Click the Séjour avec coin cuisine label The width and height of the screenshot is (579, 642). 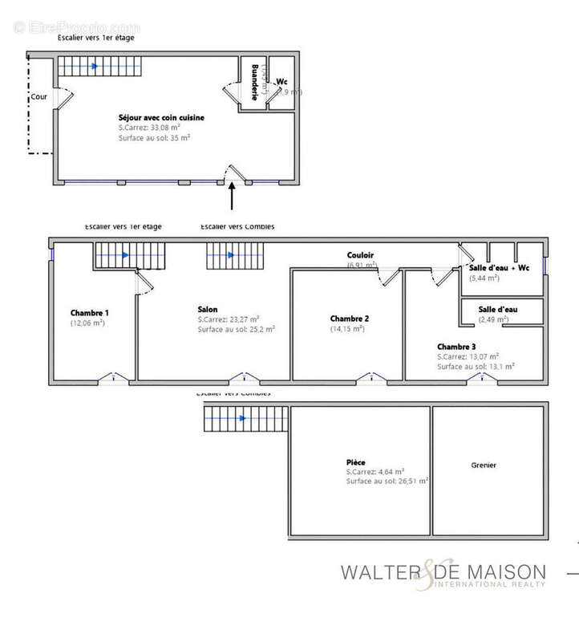[x=160, y=118]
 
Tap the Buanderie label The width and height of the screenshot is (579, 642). [x=255, y=82]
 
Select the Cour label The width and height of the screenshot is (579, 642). [x=38, y=97]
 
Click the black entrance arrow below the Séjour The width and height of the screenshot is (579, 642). [x=233, y=196]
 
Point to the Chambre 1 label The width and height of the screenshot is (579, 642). [x=89, y=313]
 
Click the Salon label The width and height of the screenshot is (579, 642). [x=208, y=309]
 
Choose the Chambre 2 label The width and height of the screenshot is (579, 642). [x=349, y=319]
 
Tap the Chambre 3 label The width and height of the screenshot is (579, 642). [x=457, y=346]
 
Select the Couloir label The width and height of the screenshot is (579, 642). [x=360, y=255]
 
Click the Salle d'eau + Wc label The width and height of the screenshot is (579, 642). [x=498, y=267]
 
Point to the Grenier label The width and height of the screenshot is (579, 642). [x=484, y=465]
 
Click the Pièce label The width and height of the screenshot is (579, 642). [x=356, y=462]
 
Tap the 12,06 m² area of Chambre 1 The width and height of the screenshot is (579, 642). [x=87, y=323]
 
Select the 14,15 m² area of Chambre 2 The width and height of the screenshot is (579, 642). [x=347, y=328]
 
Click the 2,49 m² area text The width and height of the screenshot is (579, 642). [x=493, y=319]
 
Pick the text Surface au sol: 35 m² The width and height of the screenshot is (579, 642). [x=154, y=138]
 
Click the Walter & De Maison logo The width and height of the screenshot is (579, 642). [x=443, y=574]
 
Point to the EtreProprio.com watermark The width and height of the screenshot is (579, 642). [x=76, y=27]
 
